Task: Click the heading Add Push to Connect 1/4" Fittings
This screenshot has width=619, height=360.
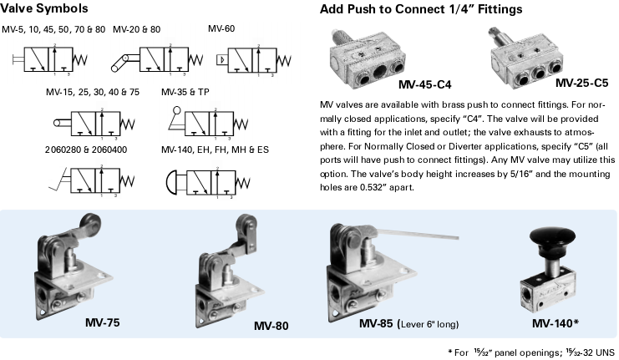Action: click(422, 10)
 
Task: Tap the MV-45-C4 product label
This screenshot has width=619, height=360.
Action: click(425, 84)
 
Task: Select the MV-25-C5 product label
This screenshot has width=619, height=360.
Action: click(583, 84)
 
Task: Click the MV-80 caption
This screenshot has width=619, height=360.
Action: click(271, 325)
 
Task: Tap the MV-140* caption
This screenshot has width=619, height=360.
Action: click(556, 322)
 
